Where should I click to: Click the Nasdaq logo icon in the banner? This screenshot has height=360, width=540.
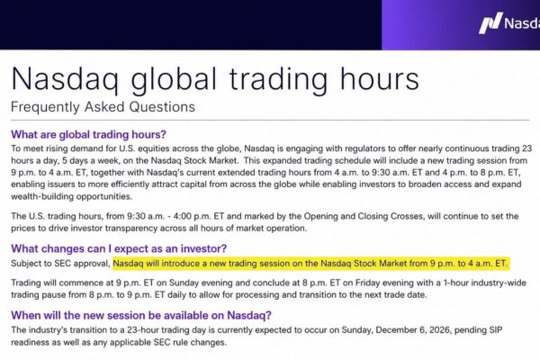(490, 23)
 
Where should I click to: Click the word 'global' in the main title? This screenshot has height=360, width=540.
(174, 80)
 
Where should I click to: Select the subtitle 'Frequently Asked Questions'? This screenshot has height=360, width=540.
(103, 107)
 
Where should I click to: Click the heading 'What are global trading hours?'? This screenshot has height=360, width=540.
(88, 134)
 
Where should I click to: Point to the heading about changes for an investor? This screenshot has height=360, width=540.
(119, 248)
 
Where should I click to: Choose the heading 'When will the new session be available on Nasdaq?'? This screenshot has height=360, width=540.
(141, 315)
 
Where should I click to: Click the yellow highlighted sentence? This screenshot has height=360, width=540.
(311, 264)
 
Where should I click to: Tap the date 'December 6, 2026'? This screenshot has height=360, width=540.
(413, 330)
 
